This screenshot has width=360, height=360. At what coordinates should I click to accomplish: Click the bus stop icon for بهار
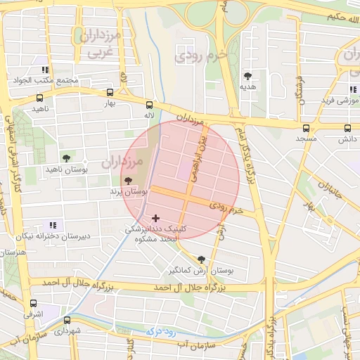[109, 93]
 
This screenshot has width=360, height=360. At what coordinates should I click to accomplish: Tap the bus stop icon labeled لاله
[148, 105]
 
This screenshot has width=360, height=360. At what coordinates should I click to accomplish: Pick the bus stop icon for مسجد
[305, 128]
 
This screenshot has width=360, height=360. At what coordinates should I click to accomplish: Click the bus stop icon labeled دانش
[347, 128]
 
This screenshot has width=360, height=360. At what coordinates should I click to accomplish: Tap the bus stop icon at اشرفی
[33, 304]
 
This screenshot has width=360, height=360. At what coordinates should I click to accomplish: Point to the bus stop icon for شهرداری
[67, 320]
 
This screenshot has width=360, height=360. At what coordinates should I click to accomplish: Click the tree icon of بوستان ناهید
[66, 158]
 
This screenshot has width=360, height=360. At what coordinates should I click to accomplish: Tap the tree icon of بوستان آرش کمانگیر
[202, 259]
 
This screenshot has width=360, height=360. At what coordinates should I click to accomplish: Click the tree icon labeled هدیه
[247, 75]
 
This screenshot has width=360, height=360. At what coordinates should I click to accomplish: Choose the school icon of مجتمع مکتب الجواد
[44, 70]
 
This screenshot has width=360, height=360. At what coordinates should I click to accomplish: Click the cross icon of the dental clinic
[155, 219]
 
